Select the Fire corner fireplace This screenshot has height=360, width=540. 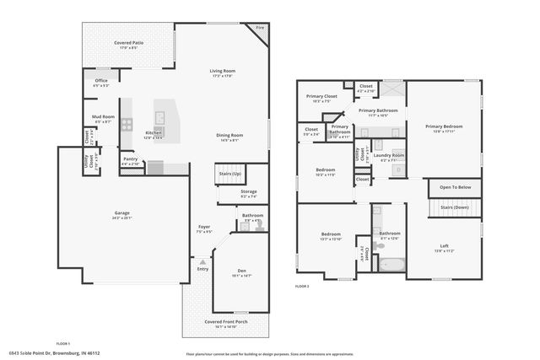[x=260, y=29]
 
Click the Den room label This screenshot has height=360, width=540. [x=241, y=271]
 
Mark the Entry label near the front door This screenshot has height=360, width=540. [x=202, y=268]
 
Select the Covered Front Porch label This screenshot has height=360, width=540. [x=226, y=322]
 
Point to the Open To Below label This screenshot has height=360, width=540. [x=454, y=187]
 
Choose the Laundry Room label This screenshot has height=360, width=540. [x=387, y=154]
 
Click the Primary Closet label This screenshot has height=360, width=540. [x=320, y=96]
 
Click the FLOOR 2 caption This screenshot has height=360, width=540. [x=302, y=287]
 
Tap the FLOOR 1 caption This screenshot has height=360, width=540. [x=62, y=344]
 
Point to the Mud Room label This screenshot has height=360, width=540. [x=103, y=118]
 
